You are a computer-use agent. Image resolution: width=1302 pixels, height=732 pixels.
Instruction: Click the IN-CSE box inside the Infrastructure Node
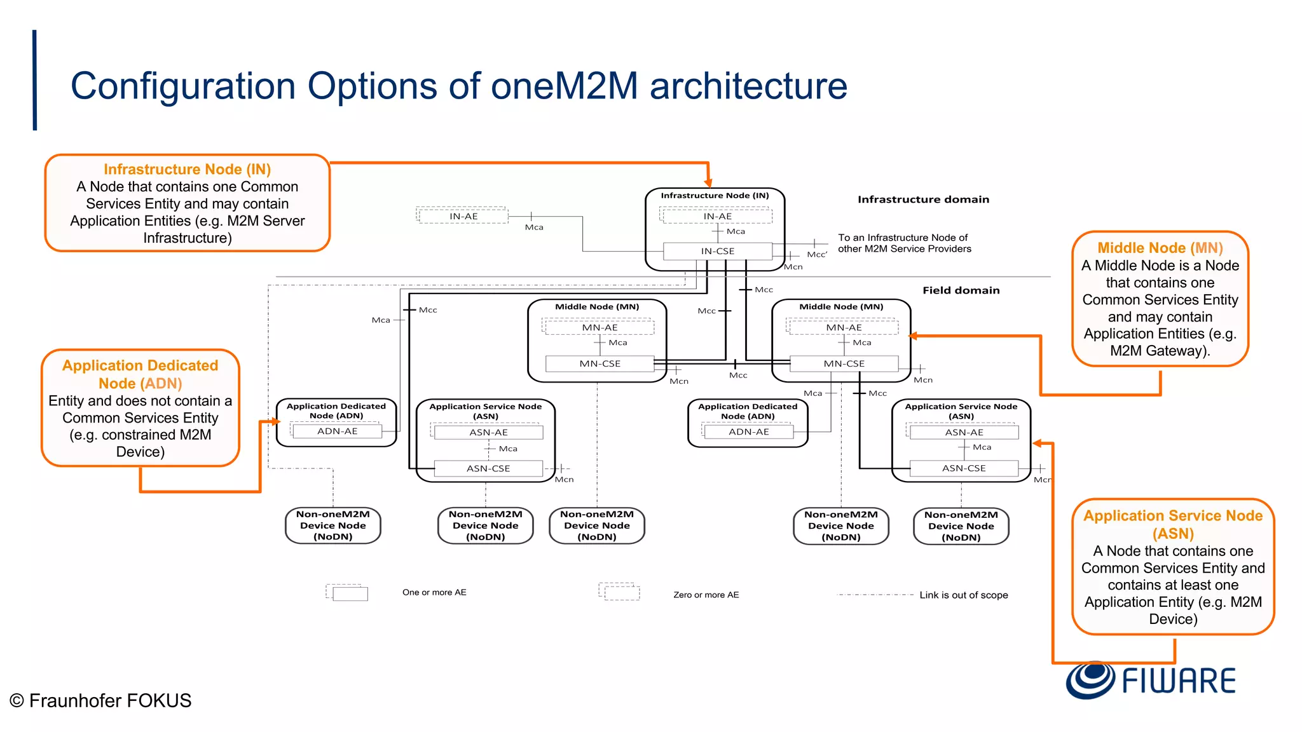pyautogui.click(x=717, y=251)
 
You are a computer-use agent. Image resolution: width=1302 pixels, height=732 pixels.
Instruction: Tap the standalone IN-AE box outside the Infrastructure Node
pyautogui.click(x=463, y=216)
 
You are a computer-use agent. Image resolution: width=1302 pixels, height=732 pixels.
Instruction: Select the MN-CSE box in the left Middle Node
pyautogui.click(x=600, y=363)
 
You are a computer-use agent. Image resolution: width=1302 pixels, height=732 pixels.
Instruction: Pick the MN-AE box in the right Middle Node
pyautogui.click(x=844, y=327)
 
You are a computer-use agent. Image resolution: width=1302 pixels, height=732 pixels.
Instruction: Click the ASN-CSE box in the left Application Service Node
pyautogui.click(x=488, y=468)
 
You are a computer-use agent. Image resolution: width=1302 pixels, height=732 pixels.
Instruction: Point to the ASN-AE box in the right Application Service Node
pyautogui.click(x=964, y=432)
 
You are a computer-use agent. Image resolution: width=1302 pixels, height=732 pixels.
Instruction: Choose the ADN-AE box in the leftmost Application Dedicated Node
pyautogui.click(x=337, y=431)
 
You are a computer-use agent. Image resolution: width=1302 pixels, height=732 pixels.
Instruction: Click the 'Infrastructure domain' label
pyautogui.click(x=923, y=200)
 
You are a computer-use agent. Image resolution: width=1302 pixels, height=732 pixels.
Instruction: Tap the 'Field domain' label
pyautogui.click(x=961, y=290)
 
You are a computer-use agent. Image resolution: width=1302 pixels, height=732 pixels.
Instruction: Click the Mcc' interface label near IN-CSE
pyautogui.click(x=817, y=255)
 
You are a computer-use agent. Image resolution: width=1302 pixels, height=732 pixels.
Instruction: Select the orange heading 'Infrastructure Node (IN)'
pyautogui.click(x=188, y=169)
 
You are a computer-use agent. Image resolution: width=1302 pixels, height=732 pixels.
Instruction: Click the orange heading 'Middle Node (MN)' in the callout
pyautogui.click(x=1160, y=248)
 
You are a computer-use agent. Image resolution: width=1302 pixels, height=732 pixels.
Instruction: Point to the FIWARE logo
pyautogui.click(x=1151, y=680)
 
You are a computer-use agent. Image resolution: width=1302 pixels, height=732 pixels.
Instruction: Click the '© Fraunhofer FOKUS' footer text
pyautogui.click(x=100, y=700)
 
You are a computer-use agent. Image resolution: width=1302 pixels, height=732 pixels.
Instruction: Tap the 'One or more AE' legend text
pyautogui.click(x=434, y=592)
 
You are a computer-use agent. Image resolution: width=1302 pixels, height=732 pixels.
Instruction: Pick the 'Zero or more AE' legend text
pyautogui.click(x=706, y=595)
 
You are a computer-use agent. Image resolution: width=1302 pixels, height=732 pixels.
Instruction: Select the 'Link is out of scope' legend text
pyautogui.click(x=963, y=595)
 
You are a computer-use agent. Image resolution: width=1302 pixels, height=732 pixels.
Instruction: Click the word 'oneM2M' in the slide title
pyautogui.click(x=564, y=86)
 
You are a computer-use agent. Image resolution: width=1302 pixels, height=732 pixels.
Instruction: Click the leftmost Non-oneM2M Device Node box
pyautogui.click(x=332, y=525)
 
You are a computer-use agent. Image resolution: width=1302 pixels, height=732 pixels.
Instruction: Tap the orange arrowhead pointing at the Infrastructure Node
pyautogui.click(x=708, y=183)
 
